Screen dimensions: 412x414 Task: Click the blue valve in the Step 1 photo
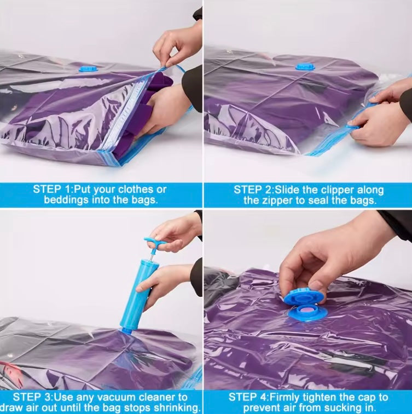[89, 69]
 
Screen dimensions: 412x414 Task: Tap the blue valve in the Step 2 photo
[305, 66]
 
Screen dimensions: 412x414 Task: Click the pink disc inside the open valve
[309, 309]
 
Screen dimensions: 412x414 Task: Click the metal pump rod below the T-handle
[151, 254]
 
